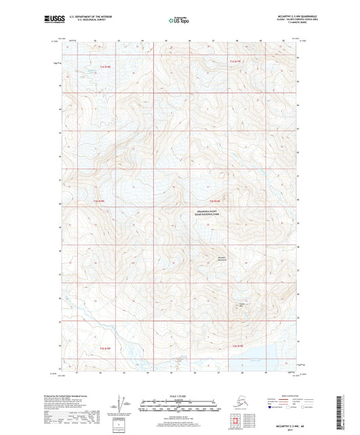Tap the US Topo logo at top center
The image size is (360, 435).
click(x=178, y=22)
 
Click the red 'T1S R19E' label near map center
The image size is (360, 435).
click(x=215, y=201)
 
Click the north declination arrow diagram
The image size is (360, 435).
click(x=115, y=403)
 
